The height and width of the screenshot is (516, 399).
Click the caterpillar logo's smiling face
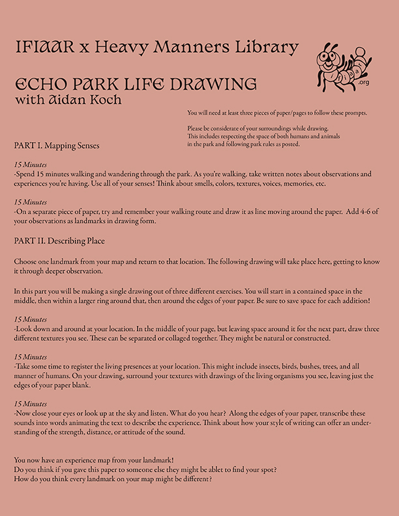pyautogui.click(x=327, y=63)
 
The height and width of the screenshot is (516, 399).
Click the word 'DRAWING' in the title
pyautogui.click(x=218, y=85)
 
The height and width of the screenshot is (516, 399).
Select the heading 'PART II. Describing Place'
pyautogui.click(x=59, y=241)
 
